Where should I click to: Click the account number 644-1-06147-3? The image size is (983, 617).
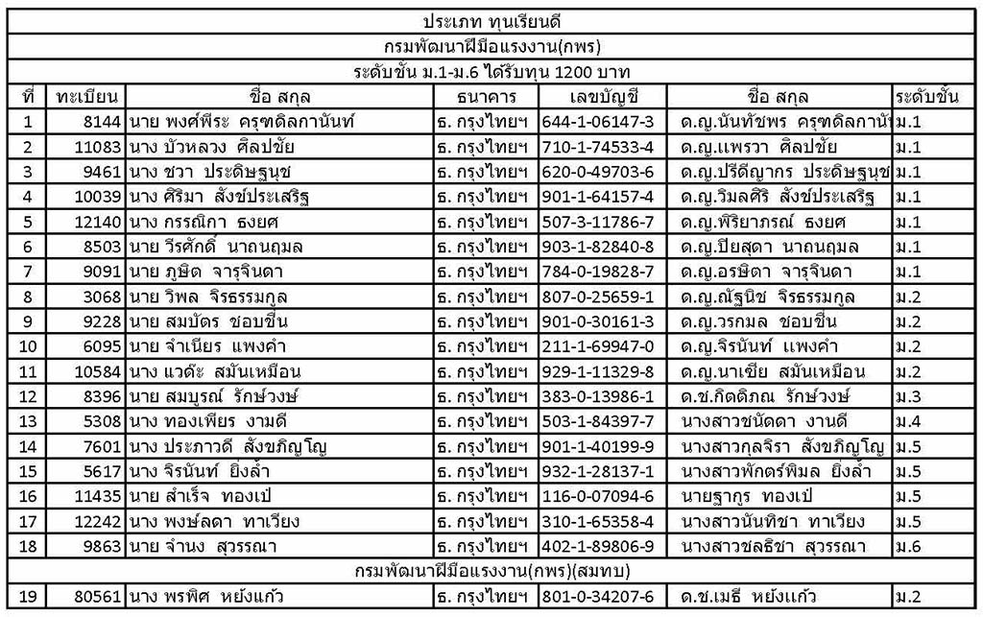point(600,122)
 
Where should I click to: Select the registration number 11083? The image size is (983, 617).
point(97,147)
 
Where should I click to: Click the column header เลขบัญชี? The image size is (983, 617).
point(602,97)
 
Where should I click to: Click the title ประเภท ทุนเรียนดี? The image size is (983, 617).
point(491,20)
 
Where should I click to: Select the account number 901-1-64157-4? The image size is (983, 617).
point(600,197)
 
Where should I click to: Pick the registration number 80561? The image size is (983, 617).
point(97,597)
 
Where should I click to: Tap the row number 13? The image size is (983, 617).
point(27,421)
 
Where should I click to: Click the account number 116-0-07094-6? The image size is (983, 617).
point(600,496)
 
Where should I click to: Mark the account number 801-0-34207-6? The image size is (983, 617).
point(600,597)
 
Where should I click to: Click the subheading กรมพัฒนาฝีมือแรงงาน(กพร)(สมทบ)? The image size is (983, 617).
point(491,572)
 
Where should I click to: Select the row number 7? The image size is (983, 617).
point(27,272)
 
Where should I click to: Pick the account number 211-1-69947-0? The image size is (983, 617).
point(600,346)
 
